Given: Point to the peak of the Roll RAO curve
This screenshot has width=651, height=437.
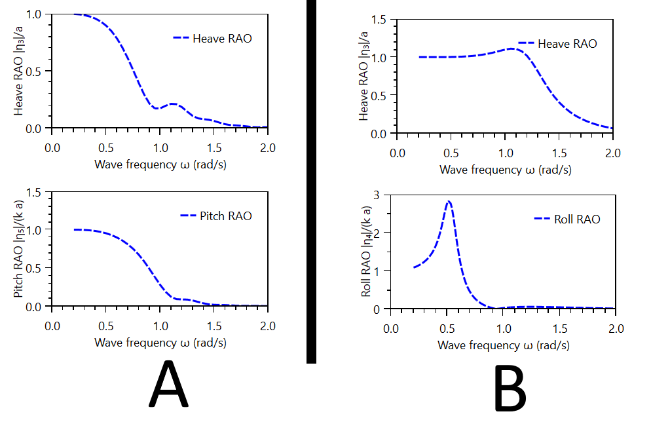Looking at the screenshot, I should point(449,202).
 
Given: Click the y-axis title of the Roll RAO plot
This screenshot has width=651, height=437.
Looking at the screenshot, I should point(366,252).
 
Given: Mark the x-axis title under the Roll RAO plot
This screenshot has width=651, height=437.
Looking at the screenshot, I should point(502,345).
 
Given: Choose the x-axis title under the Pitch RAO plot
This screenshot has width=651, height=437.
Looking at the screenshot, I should point(160,342).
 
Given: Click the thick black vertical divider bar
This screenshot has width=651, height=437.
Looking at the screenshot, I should point(311,180).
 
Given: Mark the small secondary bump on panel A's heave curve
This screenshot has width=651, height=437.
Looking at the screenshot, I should point(173,104).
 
